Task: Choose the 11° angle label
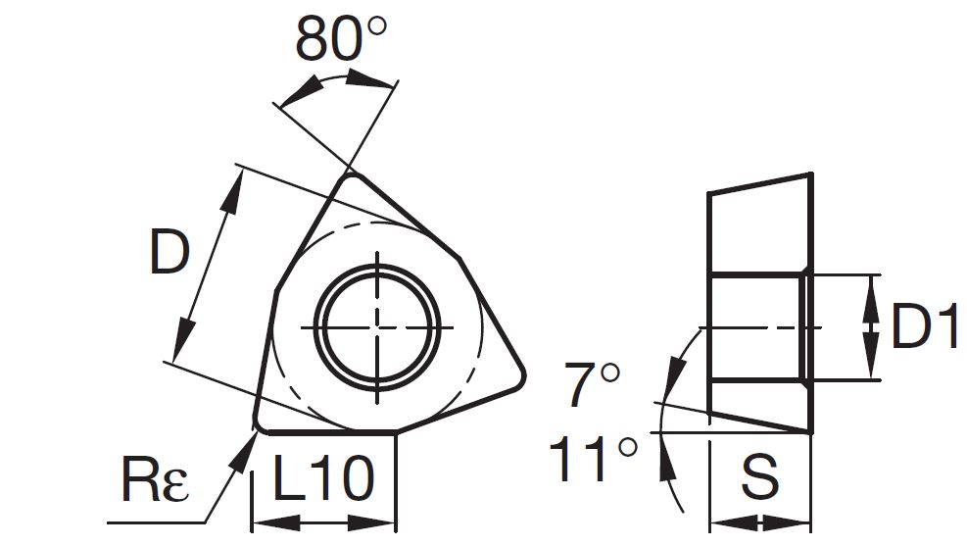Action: point(594,459)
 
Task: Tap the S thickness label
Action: point(759,478)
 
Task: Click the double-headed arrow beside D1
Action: point(871,326)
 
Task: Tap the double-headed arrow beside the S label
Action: point(759,521)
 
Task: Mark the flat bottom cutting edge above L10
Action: point(328,431)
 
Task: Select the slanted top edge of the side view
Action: point(759,183)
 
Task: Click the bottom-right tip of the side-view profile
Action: point(810,429)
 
